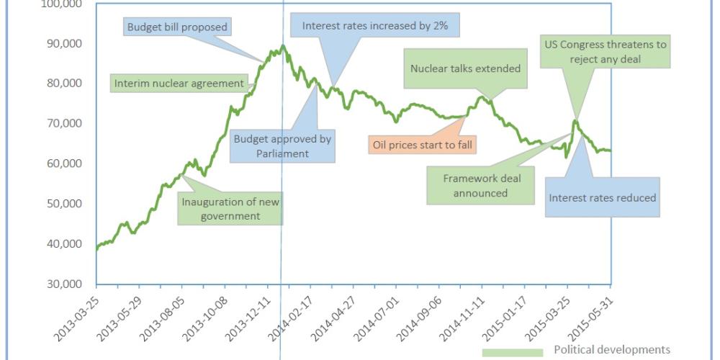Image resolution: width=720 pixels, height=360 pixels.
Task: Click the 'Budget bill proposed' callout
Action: (x=177, y=27)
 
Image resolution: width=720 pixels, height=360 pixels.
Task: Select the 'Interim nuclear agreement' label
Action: (x=180, y=83)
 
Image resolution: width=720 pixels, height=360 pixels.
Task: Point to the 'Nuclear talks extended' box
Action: (x=464, y=68)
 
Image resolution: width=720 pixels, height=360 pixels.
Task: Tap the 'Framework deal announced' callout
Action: (x=482, y=185)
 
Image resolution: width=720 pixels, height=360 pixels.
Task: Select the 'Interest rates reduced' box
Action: (x=603, y=197)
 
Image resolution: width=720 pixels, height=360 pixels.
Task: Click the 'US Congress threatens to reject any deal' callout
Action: (x=605, y=52)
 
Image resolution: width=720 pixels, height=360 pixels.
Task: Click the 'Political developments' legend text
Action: (x=612, y=350)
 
